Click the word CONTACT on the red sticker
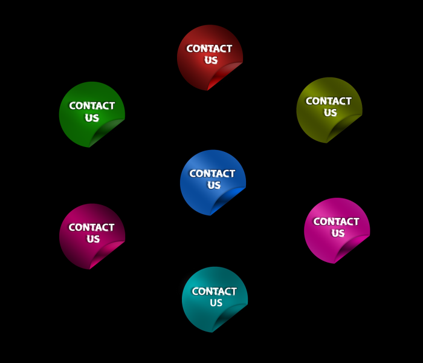pyautogui.click(x=209, y=48)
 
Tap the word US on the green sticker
pyautogui.click(x=92, y=118)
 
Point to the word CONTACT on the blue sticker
pyautogui.click(x=212, y=174)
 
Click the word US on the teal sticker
pyautogui.click(x=216, y=303)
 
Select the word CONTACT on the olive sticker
pyautogui.click(x=329, y=101)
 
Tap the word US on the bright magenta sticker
pyautogui.click(x=338, y=234)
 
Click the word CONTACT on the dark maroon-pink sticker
pyautogui.click(x=91, y=227)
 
